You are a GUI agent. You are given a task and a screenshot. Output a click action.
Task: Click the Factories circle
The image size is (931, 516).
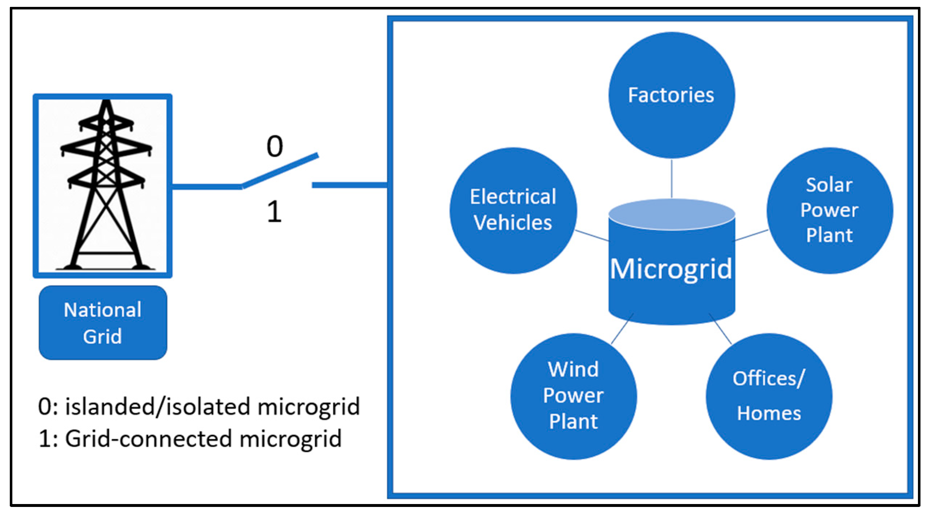coord(671,95)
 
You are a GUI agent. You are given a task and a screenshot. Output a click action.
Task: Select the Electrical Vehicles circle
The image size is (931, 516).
coord(513,210)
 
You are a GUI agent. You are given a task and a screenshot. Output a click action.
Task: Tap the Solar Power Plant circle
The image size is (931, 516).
coord(829,210)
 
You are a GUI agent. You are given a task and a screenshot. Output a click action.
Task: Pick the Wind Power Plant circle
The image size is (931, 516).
coord(573,396)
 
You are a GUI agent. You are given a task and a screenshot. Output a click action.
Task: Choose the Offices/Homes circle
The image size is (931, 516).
coord(768,396)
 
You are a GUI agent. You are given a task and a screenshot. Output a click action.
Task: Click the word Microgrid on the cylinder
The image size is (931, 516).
coord(671,269)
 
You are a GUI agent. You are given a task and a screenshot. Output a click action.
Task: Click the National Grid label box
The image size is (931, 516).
coord(103,323)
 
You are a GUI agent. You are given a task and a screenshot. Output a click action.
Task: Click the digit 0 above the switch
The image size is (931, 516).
coord(275,146)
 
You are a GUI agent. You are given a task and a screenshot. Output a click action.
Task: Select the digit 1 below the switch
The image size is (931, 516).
coord(274,212)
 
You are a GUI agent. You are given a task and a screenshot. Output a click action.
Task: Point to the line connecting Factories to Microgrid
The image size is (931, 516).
coord(672,178)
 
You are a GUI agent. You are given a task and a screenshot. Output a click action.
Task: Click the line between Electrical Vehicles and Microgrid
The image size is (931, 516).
coord(592,235)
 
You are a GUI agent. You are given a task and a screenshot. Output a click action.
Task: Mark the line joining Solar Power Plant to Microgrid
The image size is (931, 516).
coord(751,235)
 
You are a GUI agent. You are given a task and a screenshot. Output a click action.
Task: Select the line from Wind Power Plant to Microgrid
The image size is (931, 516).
coord(622,329)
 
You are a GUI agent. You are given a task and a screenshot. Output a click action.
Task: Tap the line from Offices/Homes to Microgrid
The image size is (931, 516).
coord(721,329)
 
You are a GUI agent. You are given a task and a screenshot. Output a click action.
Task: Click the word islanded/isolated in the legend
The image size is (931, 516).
coord(158,407)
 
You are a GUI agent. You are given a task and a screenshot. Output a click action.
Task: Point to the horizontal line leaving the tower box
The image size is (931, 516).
coord(207,186)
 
